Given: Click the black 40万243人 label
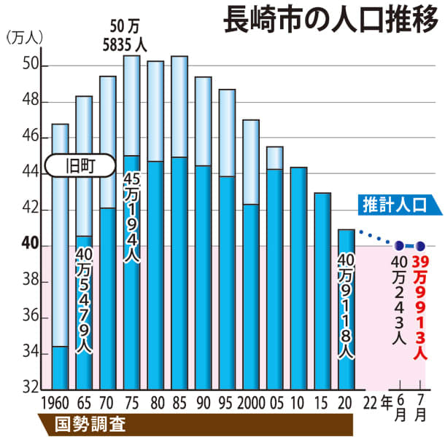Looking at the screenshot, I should coord(398,299).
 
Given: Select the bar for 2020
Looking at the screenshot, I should coord(347,310).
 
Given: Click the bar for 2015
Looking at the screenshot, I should coord(322,291).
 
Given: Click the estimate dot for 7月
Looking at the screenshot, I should coord(420,246).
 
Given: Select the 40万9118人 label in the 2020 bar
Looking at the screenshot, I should coord(347,306).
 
